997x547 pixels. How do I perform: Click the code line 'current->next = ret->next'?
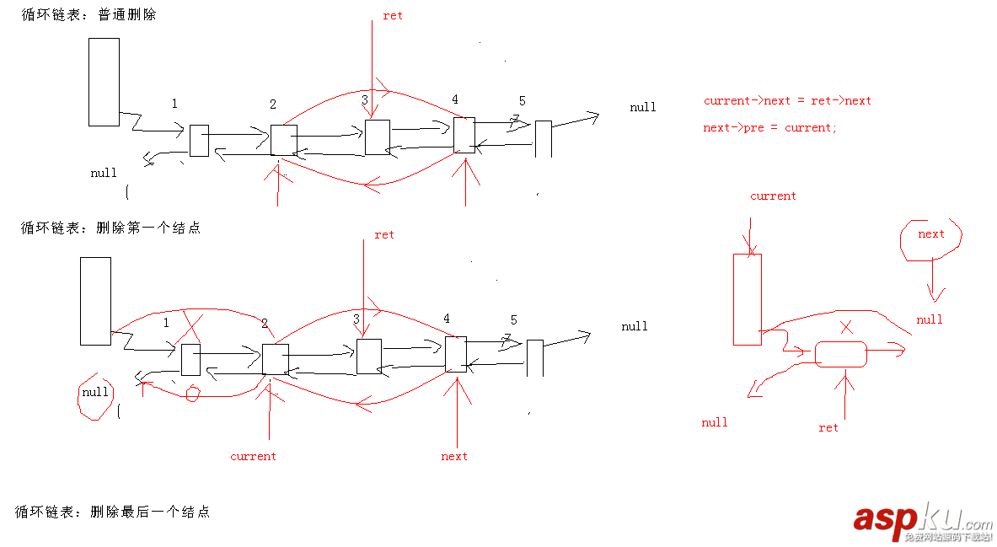click(787, 101)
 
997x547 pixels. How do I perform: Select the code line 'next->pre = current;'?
click(770, 128)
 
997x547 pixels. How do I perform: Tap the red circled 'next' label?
click(931, 234)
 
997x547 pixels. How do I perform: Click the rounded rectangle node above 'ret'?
click(840, 354)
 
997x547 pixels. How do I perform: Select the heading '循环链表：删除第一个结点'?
click(110, 228)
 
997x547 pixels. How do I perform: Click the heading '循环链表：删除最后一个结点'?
click(112, 512)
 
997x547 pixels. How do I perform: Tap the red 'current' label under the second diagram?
click(253, 457)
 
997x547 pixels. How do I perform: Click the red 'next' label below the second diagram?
click(454, 457)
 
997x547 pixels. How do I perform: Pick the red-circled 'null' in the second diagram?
click(95, 393)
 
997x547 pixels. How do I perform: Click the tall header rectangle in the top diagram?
click(104, 82)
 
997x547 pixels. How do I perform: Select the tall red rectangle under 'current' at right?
click(748, 299)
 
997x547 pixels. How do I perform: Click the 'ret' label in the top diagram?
click(393, 16)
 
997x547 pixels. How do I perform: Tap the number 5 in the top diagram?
click(522, 101)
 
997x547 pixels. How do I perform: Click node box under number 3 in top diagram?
click(378, 137)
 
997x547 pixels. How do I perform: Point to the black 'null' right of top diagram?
click(643, 108)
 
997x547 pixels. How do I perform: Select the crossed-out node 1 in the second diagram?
click(190, 359)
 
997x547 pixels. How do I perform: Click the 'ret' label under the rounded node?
click(828, 428)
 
